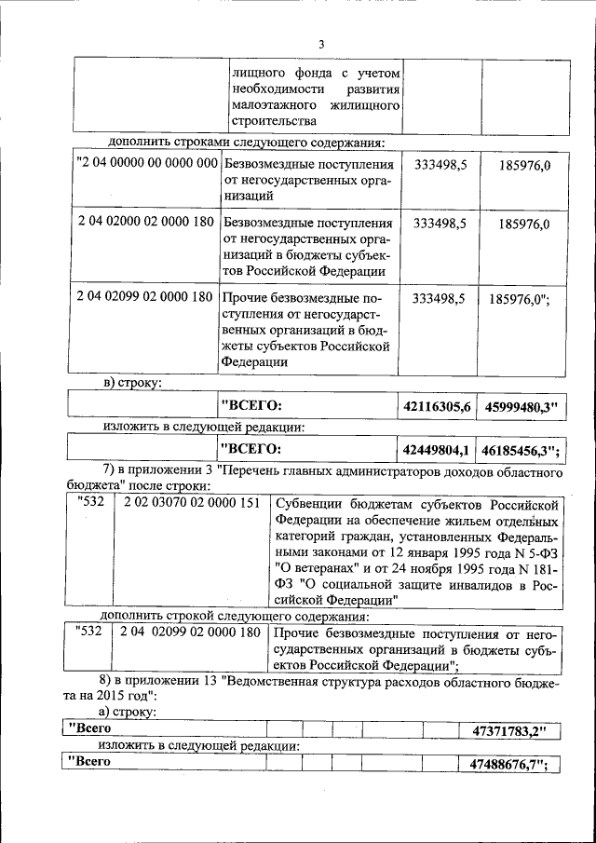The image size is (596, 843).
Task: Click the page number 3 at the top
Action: (x=321, y=44)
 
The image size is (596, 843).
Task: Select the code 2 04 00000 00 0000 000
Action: (x=143, y=163)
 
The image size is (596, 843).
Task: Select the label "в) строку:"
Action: (x=132, y=382)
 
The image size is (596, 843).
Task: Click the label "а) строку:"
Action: (x=132, y=712)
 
